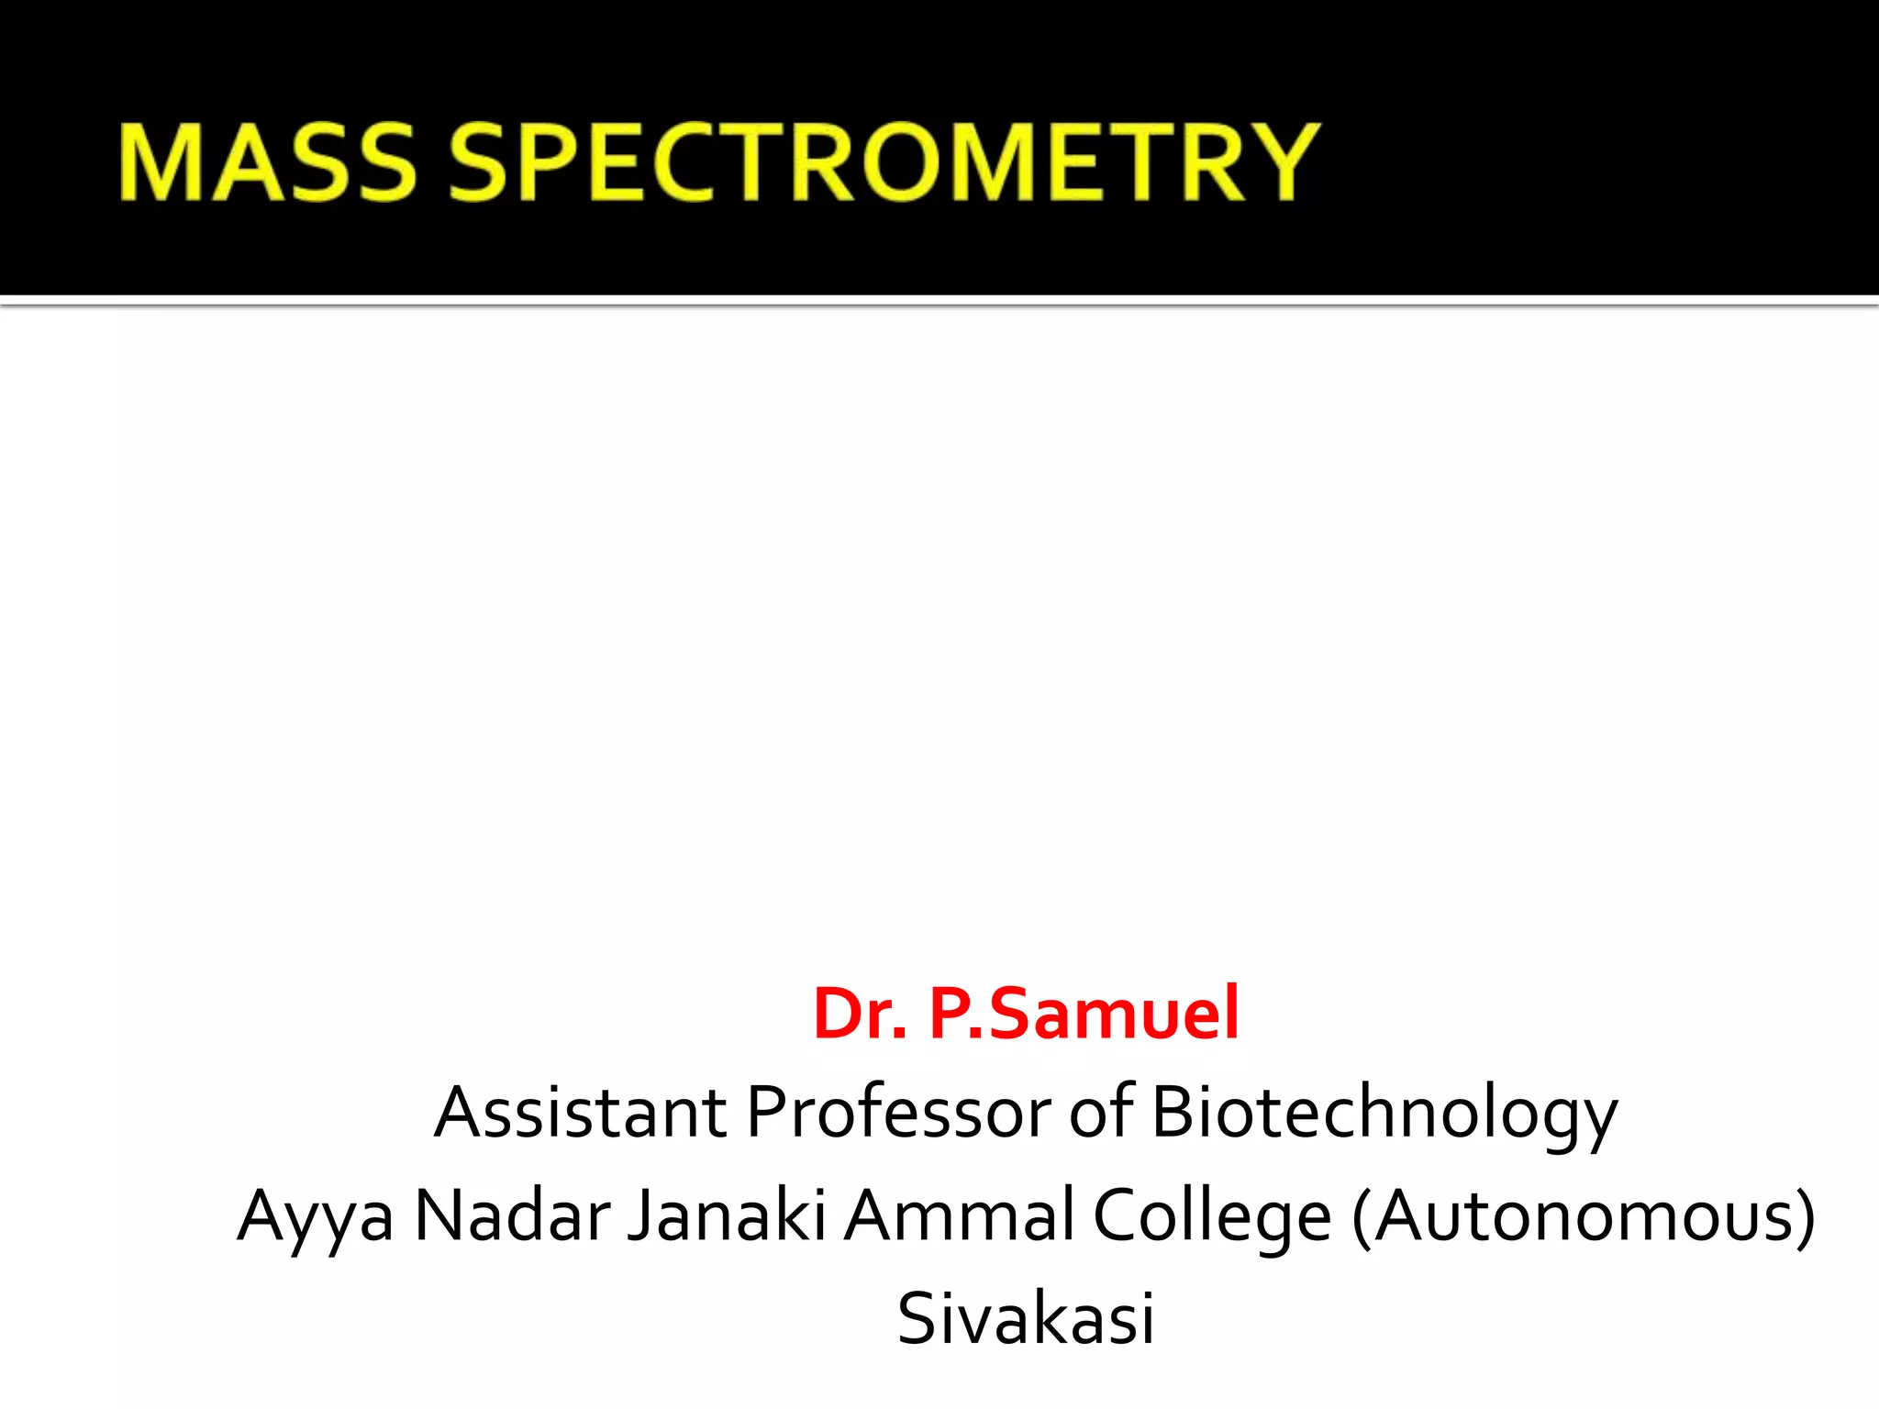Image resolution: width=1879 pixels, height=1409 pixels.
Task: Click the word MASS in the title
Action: pos(267,162)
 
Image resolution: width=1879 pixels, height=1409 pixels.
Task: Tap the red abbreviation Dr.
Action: pos(860,1015)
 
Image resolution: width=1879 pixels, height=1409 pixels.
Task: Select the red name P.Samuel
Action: pos(1084,1015)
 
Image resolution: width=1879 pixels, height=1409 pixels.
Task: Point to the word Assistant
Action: pos(580,1113)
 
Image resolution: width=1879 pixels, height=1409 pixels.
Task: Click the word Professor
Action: pos(898,1113)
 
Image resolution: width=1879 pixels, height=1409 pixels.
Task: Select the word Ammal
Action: pos(959,1215)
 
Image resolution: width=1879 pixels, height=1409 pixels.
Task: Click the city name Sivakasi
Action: pos(1026,1318)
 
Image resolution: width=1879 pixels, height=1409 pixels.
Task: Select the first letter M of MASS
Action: pos(163,162)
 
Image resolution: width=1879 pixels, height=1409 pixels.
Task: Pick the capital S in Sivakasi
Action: pos(920,1318)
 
